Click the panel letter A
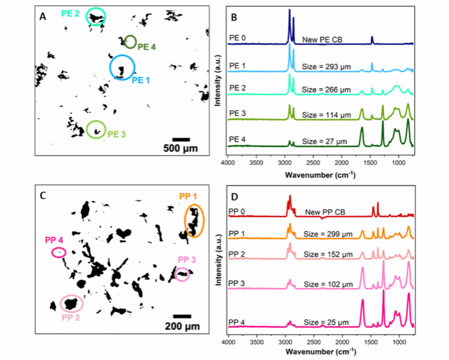click(x=43, y=17)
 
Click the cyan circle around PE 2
click(x=96, y=17)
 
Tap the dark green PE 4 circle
click(x=130, y=42)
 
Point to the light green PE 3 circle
click(x=96, y=130)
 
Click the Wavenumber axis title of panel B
click(x=320, y=175)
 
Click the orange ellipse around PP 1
click(x=195, y=221)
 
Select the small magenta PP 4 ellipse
click(x=59, y=253)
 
